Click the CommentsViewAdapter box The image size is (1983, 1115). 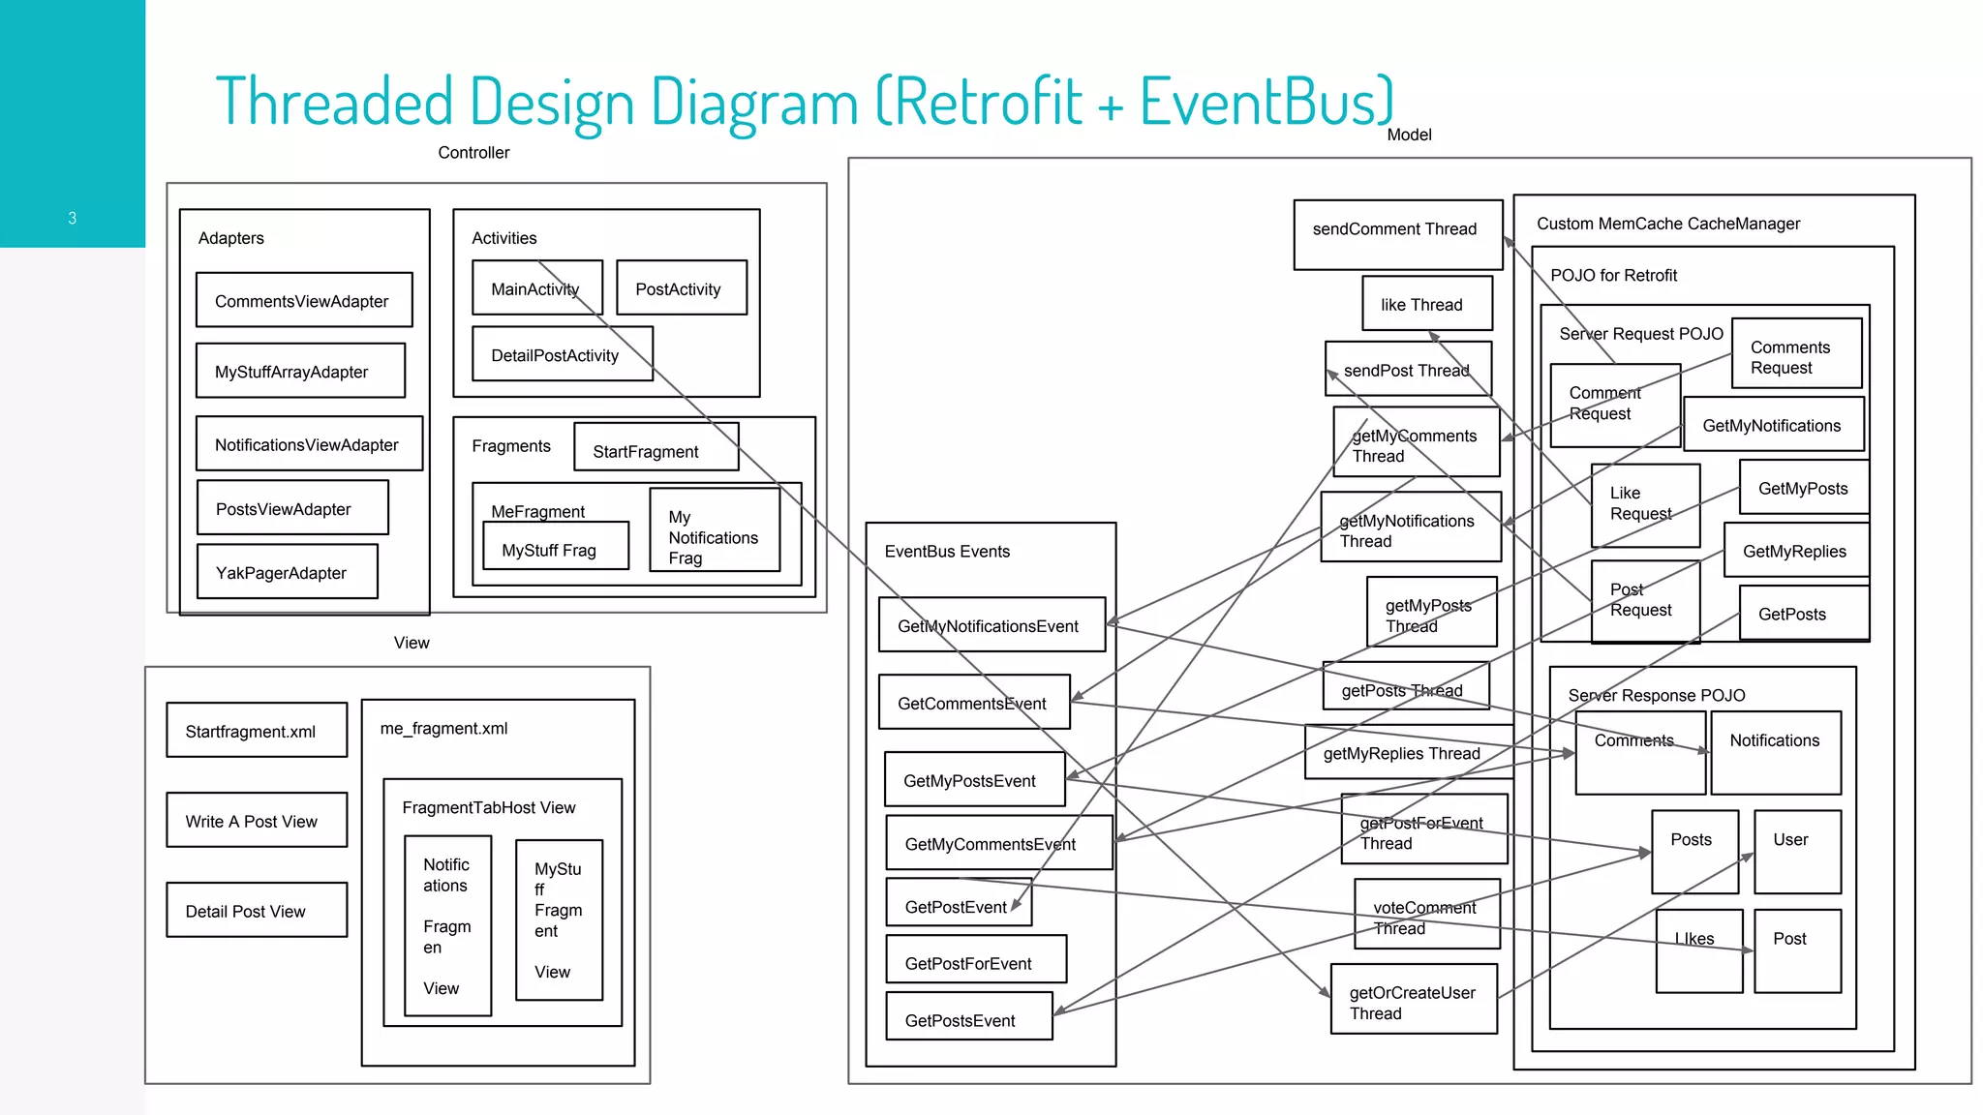303,301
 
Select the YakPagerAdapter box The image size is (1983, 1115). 287,572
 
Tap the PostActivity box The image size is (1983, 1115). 681,288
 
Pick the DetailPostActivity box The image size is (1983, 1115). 562,354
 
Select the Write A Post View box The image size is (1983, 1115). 256,821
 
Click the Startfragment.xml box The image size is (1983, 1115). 256,731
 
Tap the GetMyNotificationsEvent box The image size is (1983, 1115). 991,625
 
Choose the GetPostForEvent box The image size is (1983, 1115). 975,961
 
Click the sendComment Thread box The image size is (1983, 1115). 1396,233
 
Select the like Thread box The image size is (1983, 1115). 1426,304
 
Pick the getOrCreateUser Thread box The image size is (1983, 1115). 1413,1001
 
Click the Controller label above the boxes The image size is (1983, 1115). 473,152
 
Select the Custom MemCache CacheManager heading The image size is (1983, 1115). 1667,224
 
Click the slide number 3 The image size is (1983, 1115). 72,218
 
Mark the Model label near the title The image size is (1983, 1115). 1409,135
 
